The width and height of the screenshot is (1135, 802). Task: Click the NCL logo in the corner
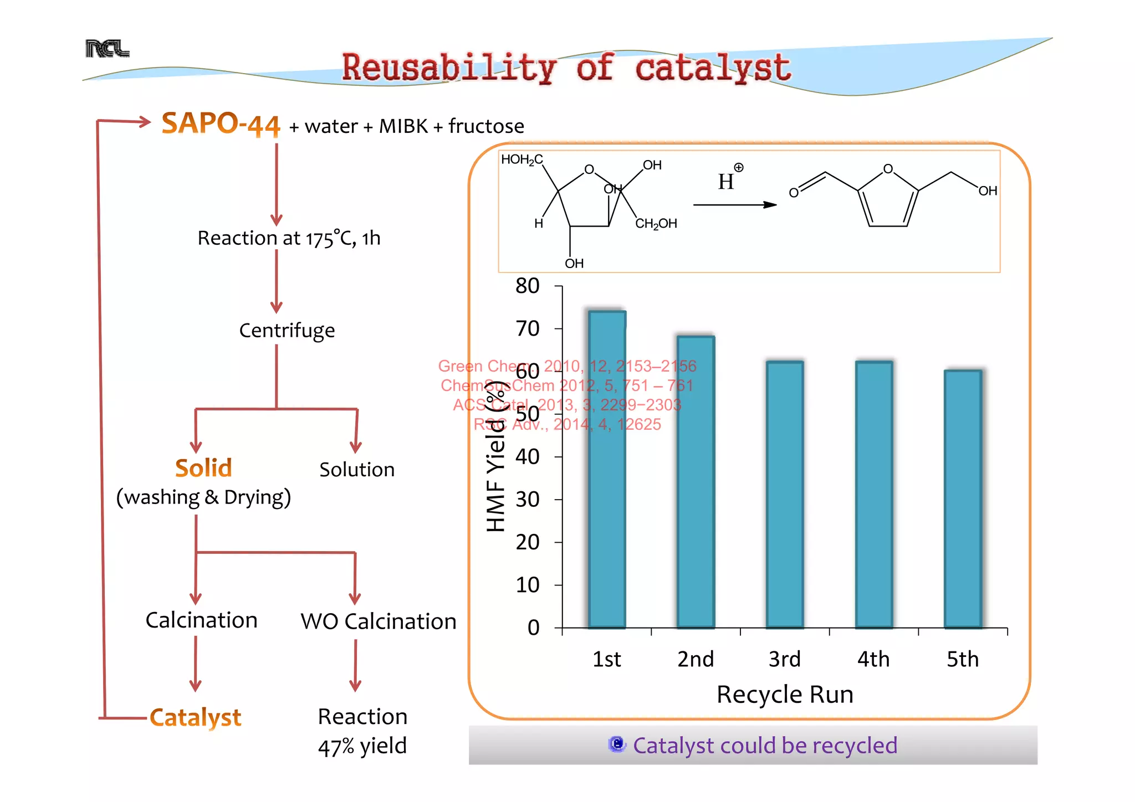(x=108, y=49)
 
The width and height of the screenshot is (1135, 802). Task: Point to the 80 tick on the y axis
(x=528, y=286)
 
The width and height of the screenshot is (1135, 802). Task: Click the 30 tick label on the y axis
(x=528, y=500)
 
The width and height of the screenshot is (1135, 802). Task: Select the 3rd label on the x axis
(x=785, y=659)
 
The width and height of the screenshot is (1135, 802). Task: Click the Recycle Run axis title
(x=785, y=695)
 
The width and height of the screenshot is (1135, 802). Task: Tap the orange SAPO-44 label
(x=221, y=124)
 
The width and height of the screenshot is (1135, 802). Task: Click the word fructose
(x=486, y=126)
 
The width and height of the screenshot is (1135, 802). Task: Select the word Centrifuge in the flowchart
(x=287, y=330)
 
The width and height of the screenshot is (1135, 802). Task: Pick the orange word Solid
(x=203, y=468)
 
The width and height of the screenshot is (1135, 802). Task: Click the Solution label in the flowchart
(x=357, y=470)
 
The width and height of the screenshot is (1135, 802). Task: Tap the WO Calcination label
(x=379, y=621)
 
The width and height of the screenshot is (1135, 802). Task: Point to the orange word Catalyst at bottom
(x=196, y=717)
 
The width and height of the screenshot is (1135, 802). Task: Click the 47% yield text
(x=362, y=746)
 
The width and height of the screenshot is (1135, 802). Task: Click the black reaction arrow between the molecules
(x=735, y=205)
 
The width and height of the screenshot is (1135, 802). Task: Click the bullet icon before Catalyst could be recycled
(x=617, y=744)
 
